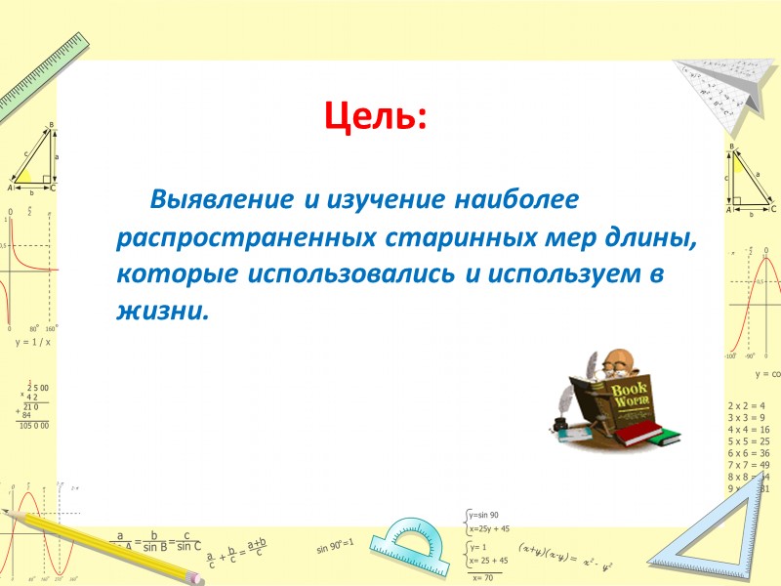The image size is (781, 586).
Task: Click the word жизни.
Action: [x=162, y=313]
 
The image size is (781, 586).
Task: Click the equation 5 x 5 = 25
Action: [x=749, y=441]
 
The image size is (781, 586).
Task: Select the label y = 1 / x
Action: [x=32, y=343]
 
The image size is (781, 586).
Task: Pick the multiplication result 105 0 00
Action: [x=33, y=426]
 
